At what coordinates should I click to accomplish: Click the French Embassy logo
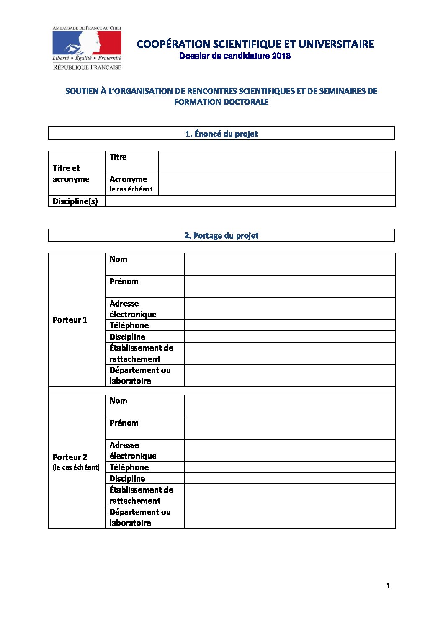tap(87, 48)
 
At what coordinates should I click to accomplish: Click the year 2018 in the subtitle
tap(281, 56)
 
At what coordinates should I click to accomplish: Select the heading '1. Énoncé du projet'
tap(221, 134)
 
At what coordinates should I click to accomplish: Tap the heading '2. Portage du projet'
tap(221, 235)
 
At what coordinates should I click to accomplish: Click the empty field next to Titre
tap(276, 162)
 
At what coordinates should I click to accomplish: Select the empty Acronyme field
tap(276, 184)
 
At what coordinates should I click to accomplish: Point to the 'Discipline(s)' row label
tap(75, 201)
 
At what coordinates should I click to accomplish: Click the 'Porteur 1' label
tap(70, 320)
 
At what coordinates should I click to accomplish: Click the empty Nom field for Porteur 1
tap(290, 264)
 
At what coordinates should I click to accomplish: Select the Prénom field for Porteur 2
tap(290, 428)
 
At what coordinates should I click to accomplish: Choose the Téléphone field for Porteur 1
tap(290, 325)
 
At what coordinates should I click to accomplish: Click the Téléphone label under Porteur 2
tap(129, 467)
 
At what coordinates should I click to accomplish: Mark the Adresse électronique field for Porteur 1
tap(290, 309)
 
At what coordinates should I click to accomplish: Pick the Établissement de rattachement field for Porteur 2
tap(290, 495)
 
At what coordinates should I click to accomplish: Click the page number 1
tap(388, 586)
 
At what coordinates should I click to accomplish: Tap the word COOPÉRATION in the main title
tap(173, 44)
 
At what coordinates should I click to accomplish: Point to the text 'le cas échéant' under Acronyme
tap(131, 189)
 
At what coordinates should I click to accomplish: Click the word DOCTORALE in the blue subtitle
tap(245, 102)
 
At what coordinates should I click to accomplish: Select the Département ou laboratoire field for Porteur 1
tap(290, 375)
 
